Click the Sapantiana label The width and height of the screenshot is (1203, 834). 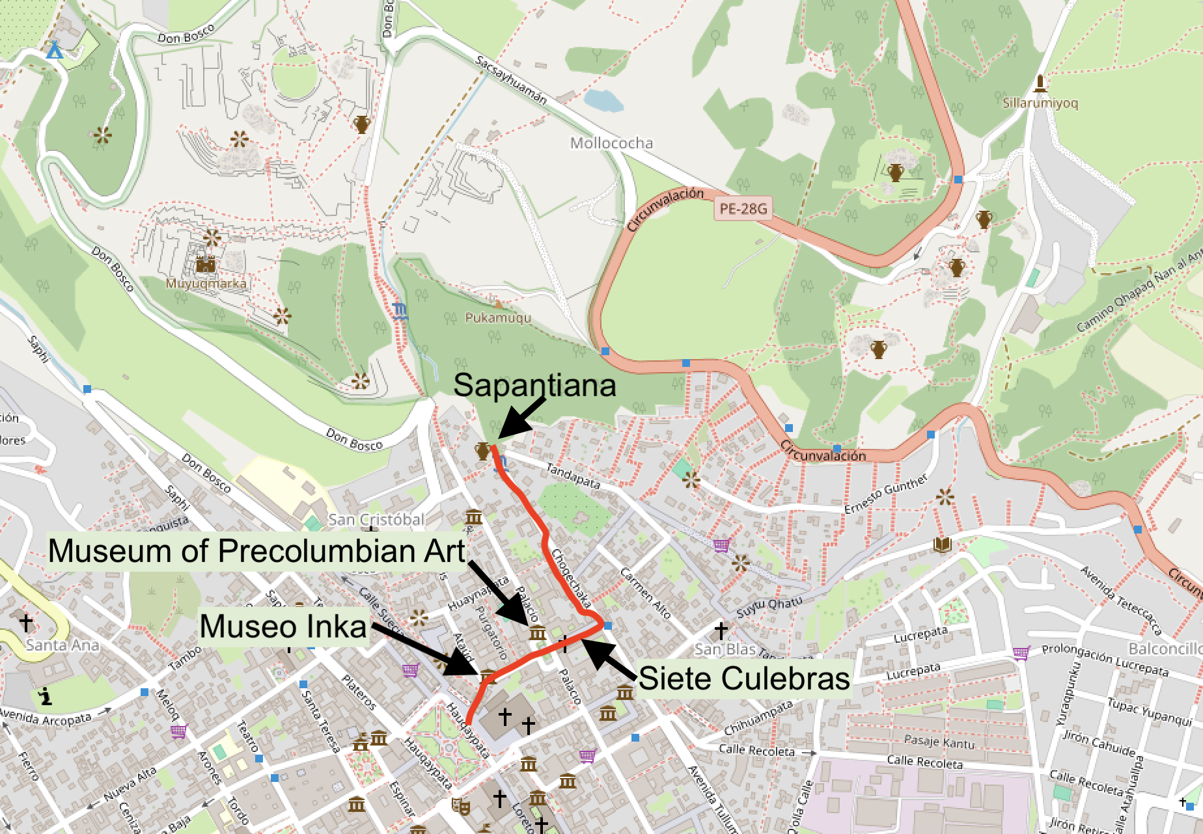coord(534,385)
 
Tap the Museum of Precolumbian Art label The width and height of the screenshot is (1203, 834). coord(256,550)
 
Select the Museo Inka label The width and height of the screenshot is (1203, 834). coord(283,626)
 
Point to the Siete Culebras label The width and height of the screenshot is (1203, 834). coord(744,678)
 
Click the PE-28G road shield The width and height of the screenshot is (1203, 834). coord(743,209)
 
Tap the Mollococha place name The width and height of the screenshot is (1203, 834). coord(611,143)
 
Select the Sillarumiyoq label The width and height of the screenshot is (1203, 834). coord(1040,103)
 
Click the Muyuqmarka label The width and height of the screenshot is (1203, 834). coord(206,284)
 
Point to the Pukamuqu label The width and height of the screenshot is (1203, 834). coord(498,318)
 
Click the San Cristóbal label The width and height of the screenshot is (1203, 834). coord(376,519)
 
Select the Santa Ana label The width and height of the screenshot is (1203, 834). coord(62,645)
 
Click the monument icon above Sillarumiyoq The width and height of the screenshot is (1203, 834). coord(1040,83)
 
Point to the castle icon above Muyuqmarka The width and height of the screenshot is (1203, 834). coord(206,265)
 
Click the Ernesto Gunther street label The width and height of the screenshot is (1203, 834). coord(885,494)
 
